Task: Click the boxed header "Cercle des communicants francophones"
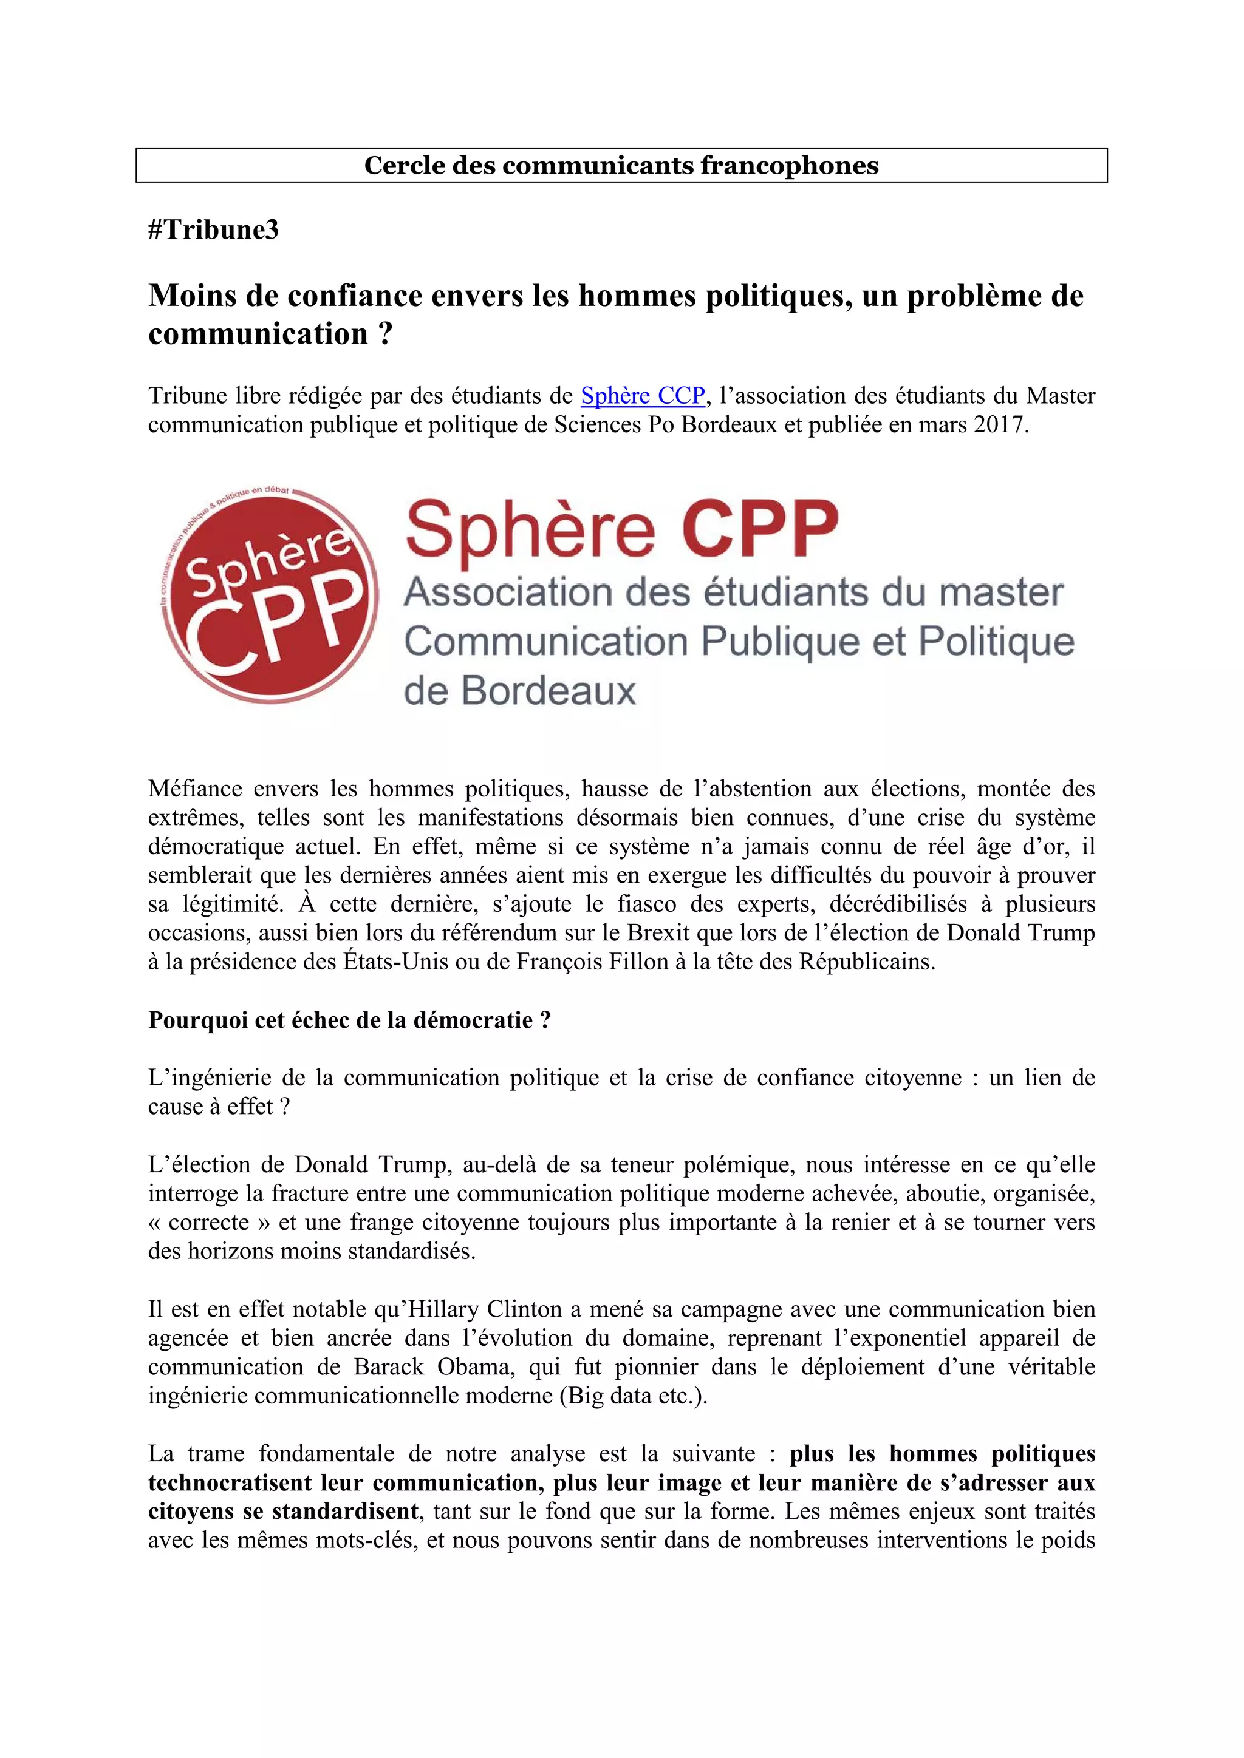click(x=621, y=165)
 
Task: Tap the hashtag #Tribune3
click(x=214, y=229)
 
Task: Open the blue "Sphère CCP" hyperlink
click(x=643, y=396)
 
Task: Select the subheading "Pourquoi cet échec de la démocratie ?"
click(x=349, y=1020)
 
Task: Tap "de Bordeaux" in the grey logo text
click(x=519, y=691)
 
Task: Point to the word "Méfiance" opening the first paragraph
click(x=194, y=789)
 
